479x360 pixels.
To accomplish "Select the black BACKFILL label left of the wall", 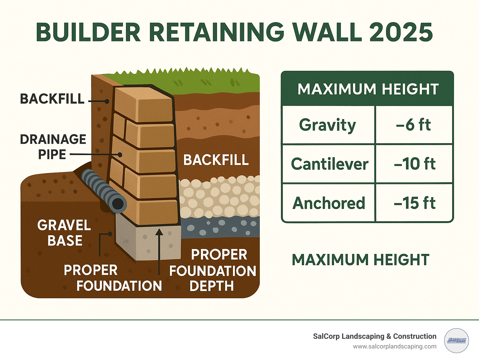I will coord(52,99).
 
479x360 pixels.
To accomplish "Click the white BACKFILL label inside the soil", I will coord(216,160).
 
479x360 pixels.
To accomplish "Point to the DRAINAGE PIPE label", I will coord(53,147).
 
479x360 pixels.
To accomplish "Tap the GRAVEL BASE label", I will coord(64,233).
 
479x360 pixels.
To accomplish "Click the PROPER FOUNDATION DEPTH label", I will coord(213,270).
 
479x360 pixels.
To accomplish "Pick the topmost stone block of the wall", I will coord(143,105).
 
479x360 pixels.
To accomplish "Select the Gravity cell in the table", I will coord(328,125).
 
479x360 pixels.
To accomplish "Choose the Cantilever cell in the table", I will coord(329,164).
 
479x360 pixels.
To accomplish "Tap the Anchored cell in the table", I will coord(329,203).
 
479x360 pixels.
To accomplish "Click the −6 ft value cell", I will coord(414,125).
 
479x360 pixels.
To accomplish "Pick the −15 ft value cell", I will coord(414,203).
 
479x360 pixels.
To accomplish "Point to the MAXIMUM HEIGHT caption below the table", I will coord(360,260).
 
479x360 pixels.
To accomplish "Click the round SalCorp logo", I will coord(456,341).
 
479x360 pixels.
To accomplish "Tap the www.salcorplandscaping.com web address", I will coord(394,347).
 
